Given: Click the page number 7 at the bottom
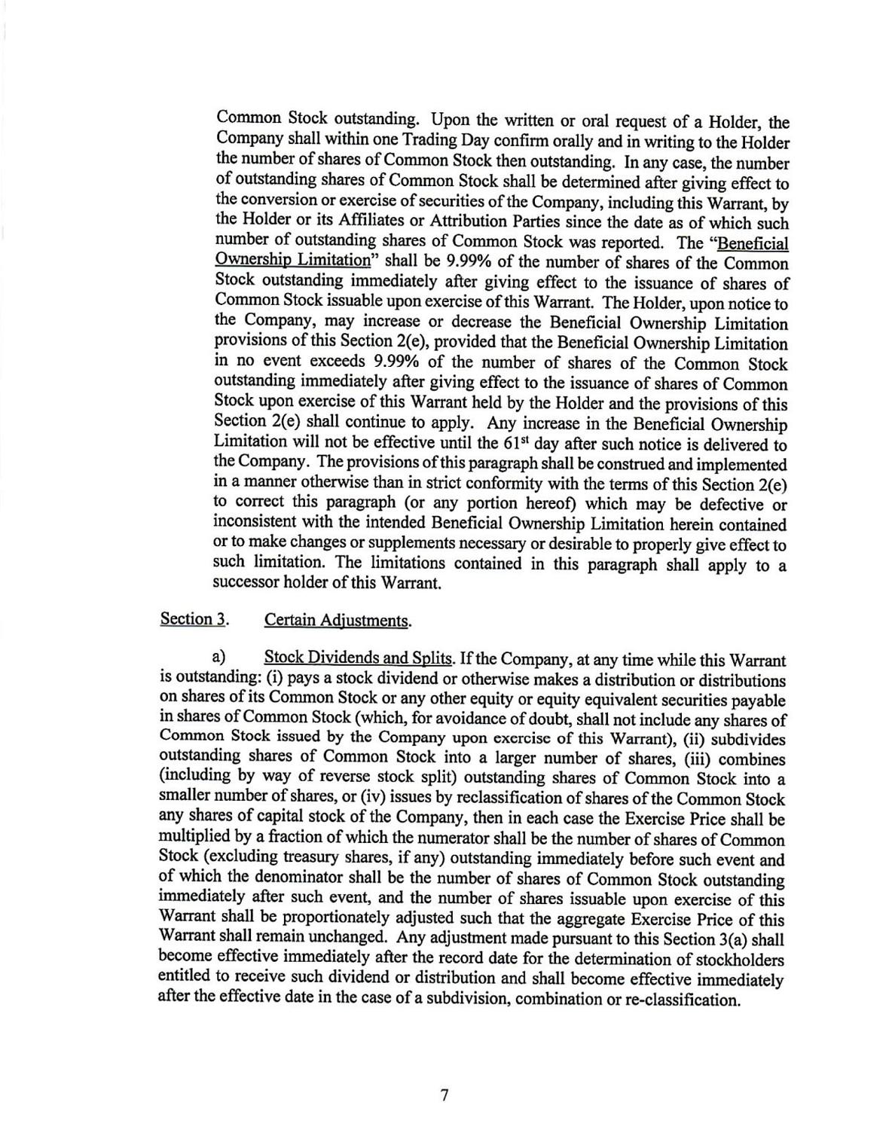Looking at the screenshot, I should click(444, 1095).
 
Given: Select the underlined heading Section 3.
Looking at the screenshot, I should click(194, 619).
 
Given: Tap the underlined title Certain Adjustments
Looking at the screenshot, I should click(338, 621).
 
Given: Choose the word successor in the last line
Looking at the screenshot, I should click(247, 582).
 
